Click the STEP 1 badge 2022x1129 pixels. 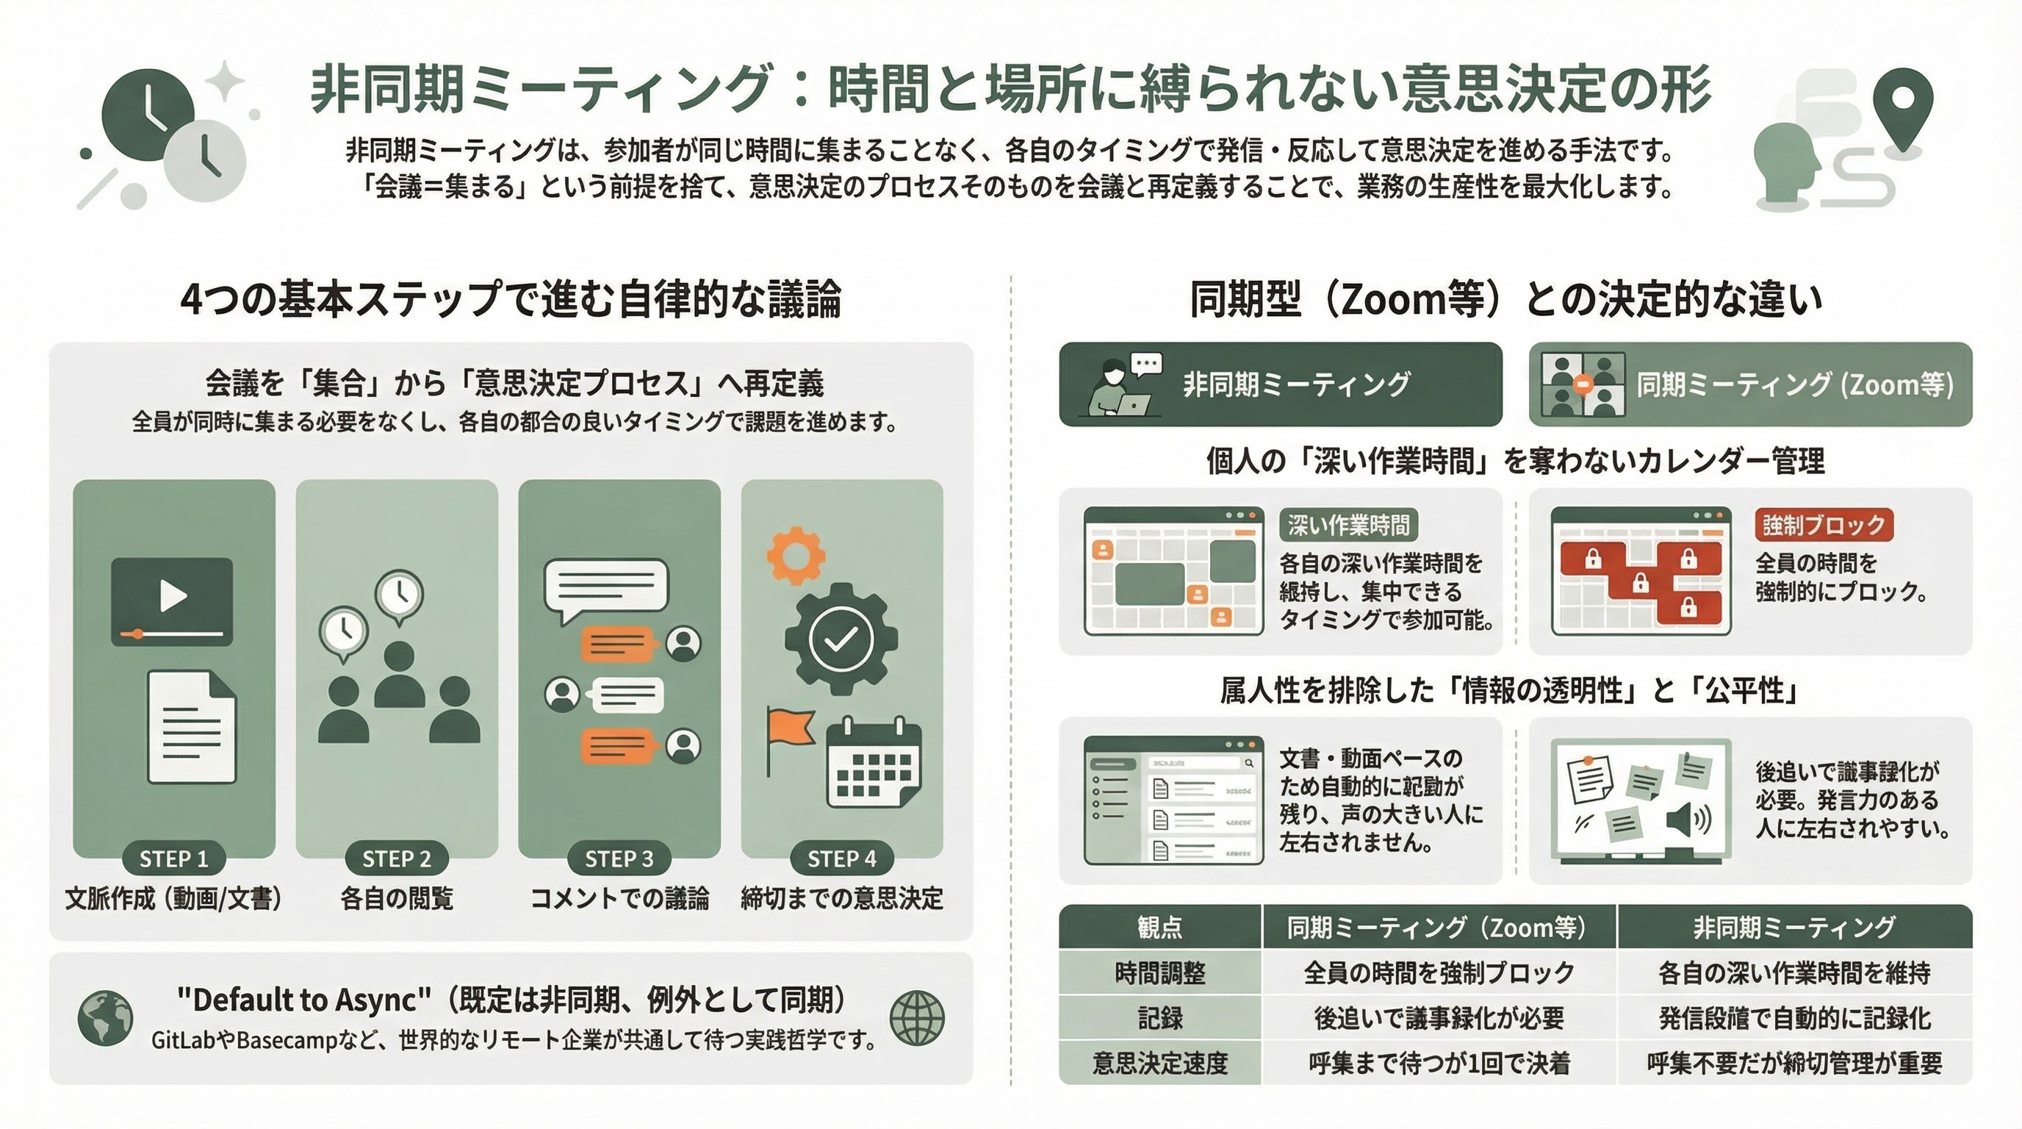173,859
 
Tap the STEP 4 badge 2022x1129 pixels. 841,859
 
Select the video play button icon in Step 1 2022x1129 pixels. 172,597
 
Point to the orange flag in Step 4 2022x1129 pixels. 790,729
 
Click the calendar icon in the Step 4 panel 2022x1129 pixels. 874,762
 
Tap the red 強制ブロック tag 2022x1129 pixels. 1824,525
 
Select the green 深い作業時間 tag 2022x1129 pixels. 1348,525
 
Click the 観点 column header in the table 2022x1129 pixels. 1159,927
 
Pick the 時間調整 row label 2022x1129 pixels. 1159,972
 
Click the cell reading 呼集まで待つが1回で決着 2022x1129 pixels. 1439,1063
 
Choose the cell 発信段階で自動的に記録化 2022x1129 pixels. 1794,1018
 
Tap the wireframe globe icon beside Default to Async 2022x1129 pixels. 917,1017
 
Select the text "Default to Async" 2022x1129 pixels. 303,1000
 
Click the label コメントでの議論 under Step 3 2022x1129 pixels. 619,898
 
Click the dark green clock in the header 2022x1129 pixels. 148,115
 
